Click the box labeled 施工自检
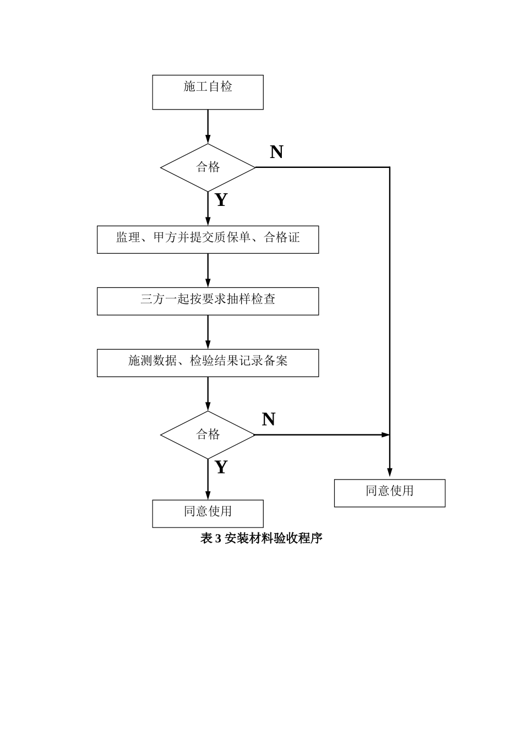(208, 92)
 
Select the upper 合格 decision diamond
(208, 167)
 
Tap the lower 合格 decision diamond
(208, 434)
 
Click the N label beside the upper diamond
(276, 152)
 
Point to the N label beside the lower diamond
(269, 420)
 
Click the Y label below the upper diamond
(221, 200)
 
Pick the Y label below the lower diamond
(221, 467)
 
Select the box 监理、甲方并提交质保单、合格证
(208, 239)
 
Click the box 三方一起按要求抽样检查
(208, 301)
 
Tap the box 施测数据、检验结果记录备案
(208, 362)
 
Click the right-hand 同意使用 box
(389, 492)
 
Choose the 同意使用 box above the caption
(208, 513)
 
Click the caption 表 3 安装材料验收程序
(261, 538)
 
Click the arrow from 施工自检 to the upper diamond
(208, 127)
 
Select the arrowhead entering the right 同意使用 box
(389, 472)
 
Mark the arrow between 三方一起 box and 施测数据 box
(208, 332)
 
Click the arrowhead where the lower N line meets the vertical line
(385, 434)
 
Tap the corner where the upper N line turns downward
(389, 167)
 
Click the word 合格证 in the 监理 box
(282, 237)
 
